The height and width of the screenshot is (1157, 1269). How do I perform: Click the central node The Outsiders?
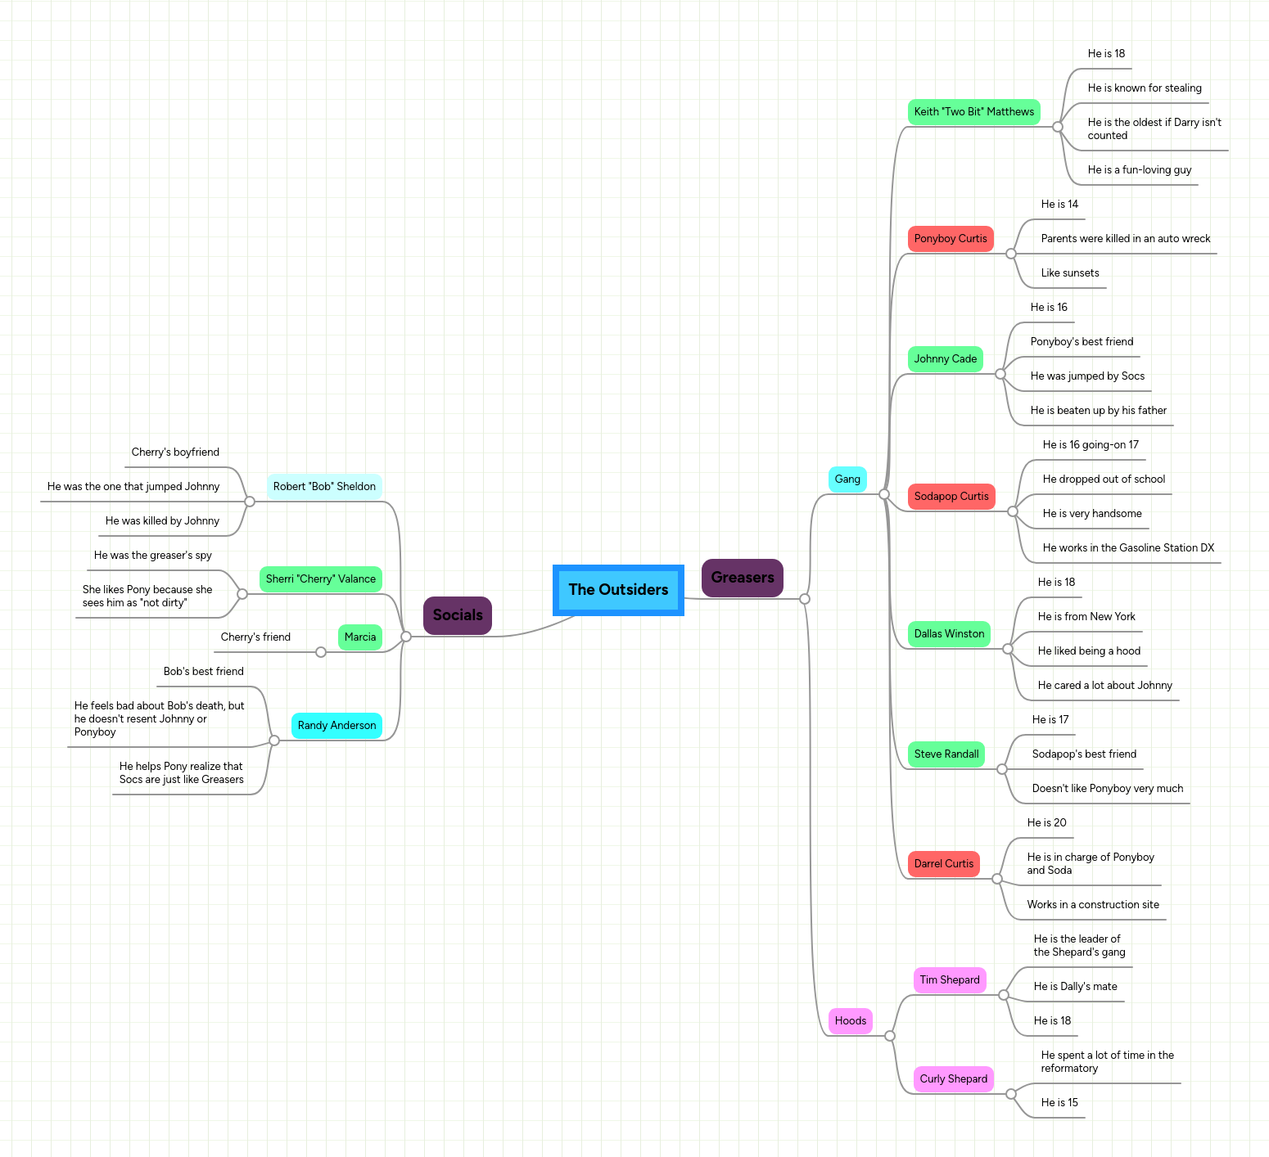coord(618,590)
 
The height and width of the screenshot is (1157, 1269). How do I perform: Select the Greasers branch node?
coord(743,578)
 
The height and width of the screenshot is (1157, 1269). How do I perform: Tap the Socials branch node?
coord(458,615)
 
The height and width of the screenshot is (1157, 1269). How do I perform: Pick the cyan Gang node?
coord(847,479)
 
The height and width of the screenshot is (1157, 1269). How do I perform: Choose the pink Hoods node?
coord(851,1021)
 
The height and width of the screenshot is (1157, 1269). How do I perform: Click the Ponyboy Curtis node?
coord(951,239)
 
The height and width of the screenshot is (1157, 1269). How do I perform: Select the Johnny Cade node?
coord(946,359)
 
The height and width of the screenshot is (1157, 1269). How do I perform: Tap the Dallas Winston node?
coord(949,634)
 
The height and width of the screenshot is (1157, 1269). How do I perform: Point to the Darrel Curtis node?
coord(944,864)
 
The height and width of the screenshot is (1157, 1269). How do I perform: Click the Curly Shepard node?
coord(954,1079)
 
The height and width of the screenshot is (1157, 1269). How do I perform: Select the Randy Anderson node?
coord(336,726)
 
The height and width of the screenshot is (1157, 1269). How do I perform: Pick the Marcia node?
coord(360,637)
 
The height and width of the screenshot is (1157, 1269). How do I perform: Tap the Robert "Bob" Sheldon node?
coord(324,487)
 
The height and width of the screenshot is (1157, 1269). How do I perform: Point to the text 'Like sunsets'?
coord(1070,273)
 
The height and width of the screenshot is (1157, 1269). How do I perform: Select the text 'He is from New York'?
coord(1086,617)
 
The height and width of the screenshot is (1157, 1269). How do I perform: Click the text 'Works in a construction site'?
coord(1093,905)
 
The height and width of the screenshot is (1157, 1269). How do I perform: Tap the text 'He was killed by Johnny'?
coord(162,521)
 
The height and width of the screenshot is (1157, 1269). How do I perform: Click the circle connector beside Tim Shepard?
coord(1004,995)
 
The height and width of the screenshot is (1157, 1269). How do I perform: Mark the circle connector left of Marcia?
coord(321,652)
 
